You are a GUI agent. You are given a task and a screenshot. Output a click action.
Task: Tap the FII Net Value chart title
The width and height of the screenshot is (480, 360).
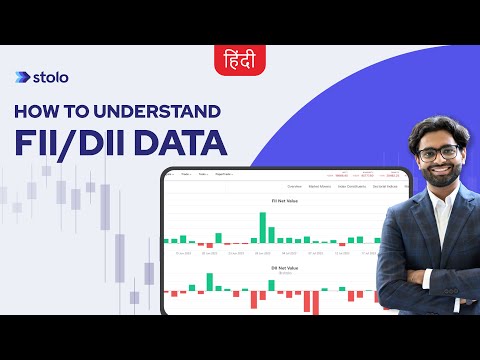271,201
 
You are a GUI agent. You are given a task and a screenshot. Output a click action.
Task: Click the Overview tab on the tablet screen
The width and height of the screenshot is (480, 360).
295,186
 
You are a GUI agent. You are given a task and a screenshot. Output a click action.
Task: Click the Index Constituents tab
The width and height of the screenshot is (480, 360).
353,186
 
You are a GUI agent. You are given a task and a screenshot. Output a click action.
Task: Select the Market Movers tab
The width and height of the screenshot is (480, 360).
322,186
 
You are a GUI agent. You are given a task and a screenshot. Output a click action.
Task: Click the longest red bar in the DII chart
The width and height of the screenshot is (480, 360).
311,301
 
